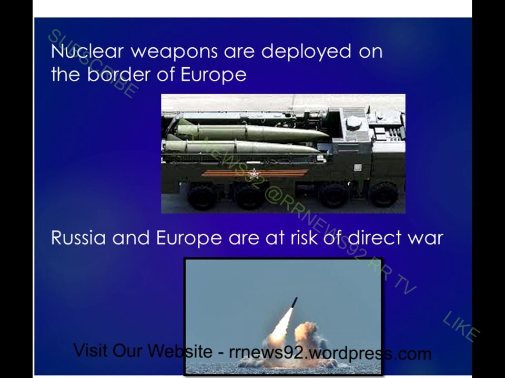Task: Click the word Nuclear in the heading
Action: click(87, 51)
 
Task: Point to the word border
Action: click(119, 75)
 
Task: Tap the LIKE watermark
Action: click(461, 326)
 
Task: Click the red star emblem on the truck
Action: click(255, 174)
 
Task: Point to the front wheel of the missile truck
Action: click(383, 194)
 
